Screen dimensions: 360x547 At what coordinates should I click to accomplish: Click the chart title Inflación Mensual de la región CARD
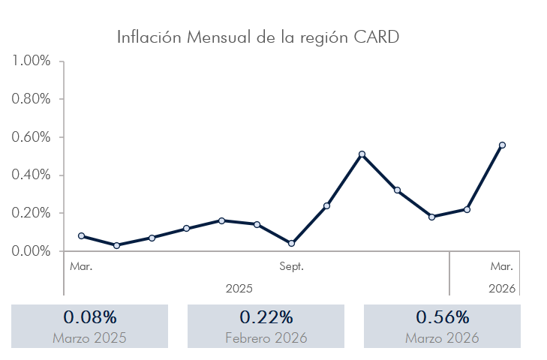(x=257, y=37)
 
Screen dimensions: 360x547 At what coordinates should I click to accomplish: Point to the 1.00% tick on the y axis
(x=32, y=61)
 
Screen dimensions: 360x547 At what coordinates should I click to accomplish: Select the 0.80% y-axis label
(x=32, y=99)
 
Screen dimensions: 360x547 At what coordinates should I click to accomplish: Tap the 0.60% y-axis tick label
(x=32, y=137)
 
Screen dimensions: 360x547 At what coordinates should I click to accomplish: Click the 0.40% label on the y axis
(x=32, y=175)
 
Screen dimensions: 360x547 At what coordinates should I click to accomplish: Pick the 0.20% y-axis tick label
(x=32, y=213)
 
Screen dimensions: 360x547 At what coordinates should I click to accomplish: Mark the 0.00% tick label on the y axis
(x=32, y=250)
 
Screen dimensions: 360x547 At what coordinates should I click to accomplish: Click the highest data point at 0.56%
(x=502, y=145)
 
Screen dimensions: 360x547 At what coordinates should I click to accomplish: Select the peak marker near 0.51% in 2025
(x=362, y=154)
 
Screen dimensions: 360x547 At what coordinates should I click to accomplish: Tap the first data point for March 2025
(x=81, y=235)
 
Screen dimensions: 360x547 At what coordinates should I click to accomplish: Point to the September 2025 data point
(x=291, y=243)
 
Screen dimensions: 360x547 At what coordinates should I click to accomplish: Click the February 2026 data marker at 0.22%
(x=467, y=209)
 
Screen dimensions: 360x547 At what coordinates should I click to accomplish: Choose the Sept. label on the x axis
(x=291, y=266)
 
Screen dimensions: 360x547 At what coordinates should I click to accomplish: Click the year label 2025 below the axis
(x=239, y=288)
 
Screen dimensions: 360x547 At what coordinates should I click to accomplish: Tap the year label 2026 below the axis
(x=502, y=288)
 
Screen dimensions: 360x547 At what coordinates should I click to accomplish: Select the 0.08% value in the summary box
(x=89, y=317)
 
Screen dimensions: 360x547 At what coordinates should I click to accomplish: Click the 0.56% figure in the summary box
(x=442, y=317)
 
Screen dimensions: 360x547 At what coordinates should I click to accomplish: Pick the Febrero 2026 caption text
(x=266, y=338)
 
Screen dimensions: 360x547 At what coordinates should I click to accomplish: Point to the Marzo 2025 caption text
(x=89, y=338)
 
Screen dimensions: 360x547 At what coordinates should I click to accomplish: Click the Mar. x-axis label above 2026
(x=502, y=266)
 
